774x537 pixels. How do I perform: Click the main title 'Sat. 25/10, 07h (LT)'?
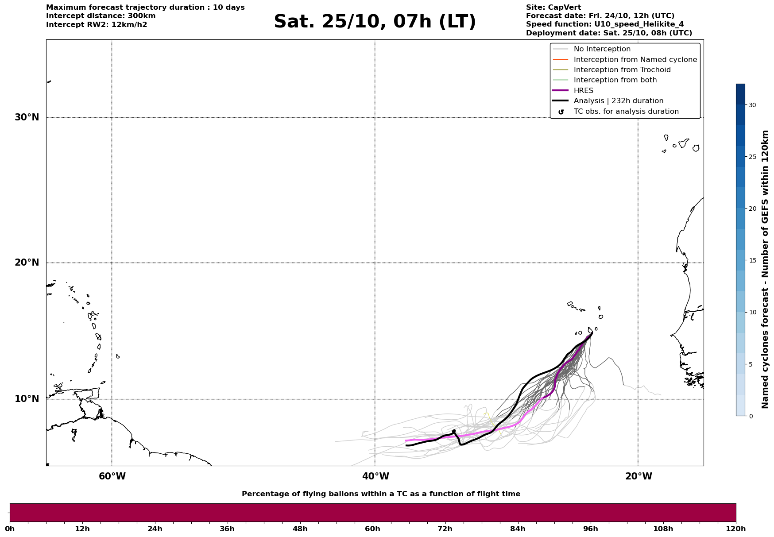click(375, 22)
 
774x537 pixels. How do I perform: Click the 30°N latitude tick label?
click(27, 117)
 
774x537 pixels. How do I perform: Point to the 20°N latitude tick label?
click(27, 263)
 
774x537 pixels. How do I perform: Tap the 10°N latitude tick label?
click(27, 399)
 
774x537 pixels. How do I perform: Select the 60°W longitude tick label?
click(112, 476)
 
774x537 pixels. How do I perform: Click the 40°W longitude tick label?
click(375, 476)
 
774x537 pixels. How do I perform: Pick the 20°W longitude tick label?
click(639, 476)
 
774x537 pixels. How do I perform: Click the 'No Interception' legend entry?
click(602, 49)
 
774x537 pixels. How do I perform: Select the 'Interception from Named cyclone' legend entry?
click(635, 60)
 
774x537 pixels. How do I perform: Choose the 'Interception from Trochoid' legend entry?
click(622, 70)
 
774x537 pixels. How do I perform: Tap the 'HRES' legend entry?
click(583, 91)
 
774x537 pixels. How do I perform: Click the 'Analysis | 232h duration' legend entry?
click(618, 101)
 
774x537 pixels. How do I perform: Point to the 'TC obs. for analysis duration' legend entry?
click(626, 112)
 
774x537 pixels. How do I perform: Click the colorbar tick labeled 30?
click(752, 105)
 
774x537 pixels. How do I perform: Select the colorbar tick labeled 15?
click(752, 260)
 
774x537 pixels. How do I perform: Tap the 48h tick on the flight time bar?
click(300, 529)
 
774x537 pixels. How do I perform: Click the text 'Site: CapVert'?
click(553, 8)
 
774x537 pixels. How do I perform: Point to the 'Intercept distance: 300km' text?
click(101, 16)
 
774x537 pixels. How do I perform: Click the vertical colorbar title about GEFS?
click(765, 269)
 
